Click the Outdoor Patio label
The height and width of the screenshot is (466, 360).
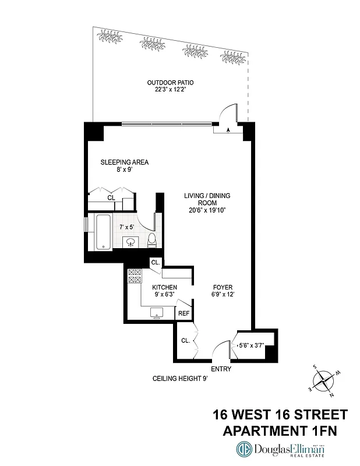tap(170, 86)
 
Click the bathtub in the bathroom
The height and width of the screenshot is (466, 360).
tap(105, 232)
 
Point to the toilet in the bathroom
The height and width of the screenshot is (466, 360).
tap(152, 240)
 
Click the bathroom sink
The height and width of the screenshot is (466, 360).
tap(130, 241)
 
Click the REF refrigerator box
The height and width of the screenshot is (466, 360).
tap(183, 313)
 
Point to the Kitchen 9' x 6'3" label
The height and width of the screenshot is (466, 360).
tap(165, 291)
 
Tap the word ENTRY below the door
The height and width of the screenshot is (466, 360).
tap(221, 369)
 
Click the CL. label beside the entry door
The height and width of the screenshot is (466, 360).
tap(185, 340)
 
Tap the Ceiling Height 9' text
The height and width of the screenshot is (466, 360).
tap(180, 379)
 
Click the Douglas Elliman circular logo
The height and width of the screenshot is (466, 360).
tap(243, 450)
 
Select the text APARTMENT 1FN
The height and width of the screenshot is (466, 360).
tap(280, 430)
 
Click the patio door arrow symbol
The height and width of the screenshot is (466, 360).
tap(228, 129)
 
